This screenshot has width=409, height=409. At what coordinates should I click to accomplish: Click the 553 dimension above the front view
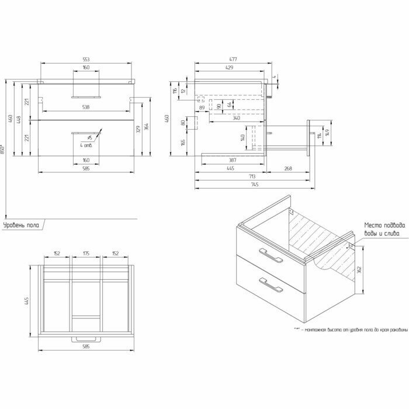[85, 60]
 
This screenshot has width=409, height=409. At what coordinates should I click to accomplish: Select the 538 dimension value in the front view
[85, 108]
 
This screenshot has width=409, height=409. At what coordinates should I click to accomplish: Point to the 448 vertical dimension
[20, 120]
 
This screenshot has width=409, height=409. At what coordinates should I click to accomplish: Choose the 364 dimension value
[146, 127]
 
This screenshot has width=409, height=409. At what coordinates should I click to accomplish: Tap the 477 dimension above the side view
[233, 60]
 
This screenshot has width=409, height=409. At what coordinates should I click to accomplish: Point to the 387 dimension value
[231, 160]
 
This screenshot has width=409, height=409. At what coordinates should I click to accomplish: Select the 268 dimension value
[288, 168]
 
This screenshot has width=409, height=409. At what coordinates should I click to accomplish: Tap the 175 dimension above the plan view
[85, 254]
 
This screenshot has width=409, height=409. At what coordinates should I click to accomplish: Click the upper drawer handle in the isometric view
[269, 255]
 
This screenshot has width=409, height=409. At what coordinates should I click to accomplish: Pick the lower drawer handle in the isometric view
[270, 285]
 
